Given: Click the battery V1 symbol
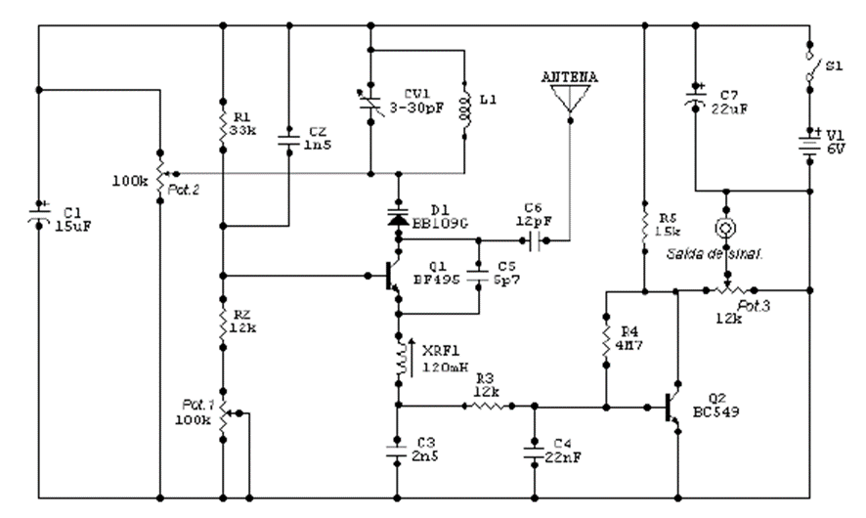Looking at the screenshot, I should click(x=810, y=144).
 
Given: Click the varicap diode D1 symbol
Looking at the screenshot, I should click(x=398, y=217).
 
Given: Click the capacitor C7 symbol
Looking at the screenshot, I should click(x=694, y=95).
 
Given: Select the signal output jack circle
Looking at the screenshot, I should click(x=724, y=229).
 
